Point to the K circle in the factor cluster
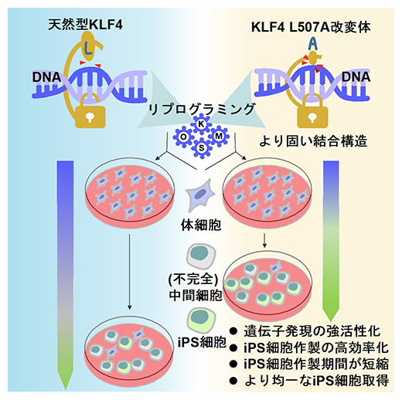(201, 125)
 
